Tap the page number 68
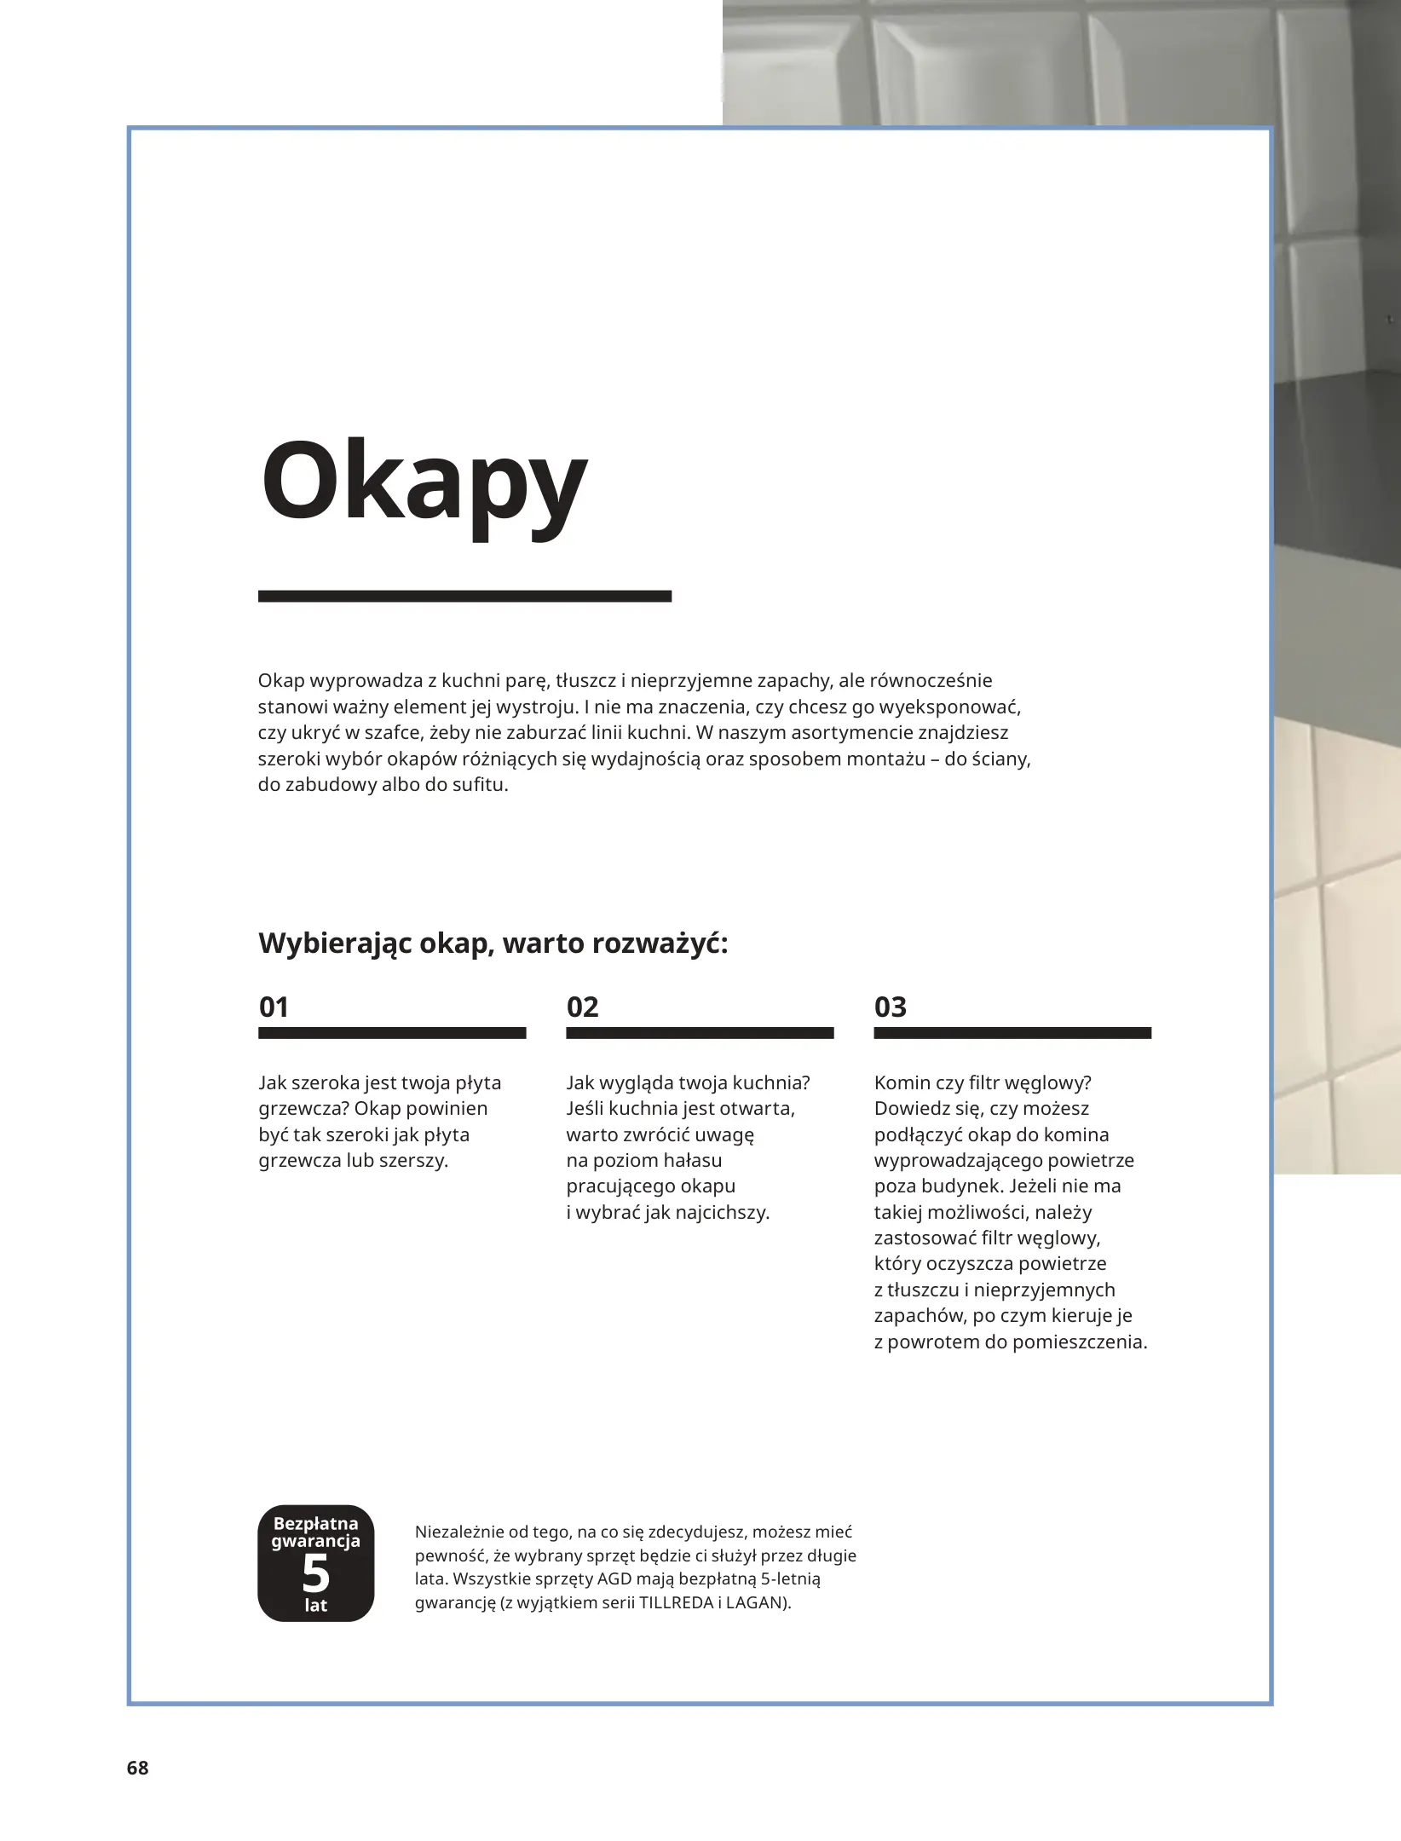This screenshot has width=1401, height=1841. (137, 1768)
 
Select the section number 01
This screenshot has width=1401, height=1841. (274, 1007)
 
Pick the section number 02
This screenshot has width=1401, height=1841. (582, 1007)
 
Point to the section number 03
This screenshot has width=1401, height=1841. (890, 1007)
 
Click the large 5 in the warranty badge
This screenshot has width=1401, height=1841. (315, 1573)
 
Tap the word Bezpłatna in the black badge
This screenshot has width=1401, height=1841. (315, 1523)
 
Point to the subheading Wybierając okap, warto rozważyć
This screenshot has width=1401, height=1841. (493, 944)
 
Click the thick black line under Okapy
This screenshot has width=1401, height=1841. (464, 597)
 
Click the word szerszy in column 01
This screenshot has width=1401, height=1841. (414, 1161)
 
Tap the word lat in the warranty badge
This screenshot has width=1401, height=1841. (315, 1605)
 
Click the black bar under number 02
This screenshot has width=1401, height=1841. (700, 1033)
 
